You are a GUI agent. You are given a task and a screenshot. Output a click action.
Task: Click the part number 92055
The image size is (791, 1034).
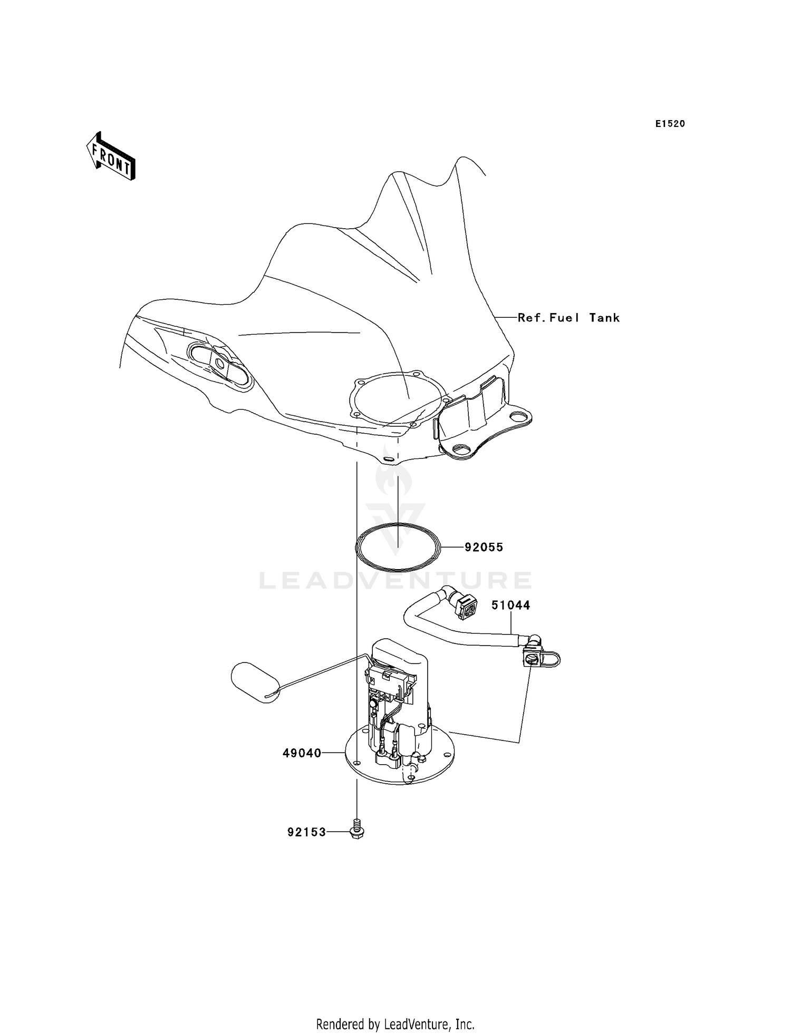484,547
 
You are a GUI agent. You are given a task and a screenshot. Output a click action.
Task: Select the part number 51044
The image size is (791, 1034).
510,605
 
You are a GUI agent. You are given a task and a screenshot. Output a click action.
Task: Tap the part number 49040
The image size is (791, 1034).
302,753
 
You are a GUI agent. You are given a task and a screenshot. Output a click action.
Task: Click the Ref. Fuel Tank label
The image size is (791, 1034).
568,317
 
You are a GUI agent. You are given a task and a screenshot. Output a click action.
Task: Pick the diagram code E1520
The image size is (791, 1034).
670,124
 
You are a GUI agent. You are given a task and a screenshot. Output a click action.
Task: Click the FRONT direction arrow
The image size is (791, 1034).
111,158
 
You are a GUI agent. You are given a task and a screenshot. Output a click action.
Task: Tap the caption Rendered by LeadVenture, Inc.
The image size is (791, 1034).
395,1024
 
